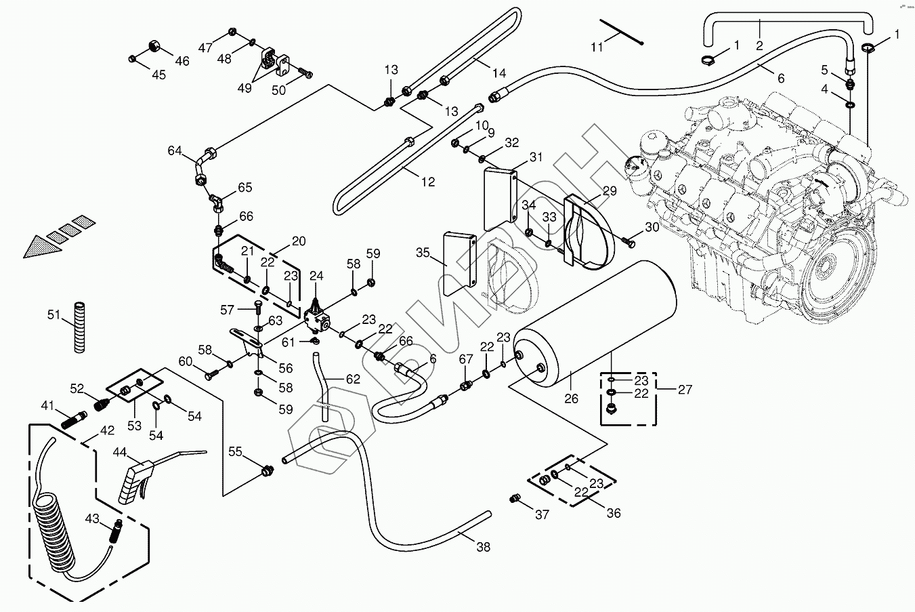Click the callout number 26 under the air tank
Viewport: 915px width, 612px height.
click(571, 399)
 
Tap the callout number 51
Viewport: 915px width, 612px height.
click(54, 314)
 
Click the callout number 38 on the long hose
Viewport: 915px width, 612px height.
click(482, 547)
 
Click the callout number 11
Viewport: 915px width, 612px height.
click(597, 47)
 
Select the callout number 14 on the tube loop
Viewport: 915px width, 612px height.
click(499, 73)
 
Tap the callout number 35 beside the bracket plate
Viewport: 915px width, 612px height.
click(423, 253)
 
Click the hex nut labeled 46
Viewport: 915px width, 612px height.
click(154, 47)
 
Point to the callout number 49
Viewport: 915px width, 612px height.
click(244, 88)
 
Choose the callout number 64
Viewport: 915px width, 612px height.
click(175, 150)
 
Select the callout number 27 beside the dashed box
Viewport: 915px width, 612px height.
click(685, 390)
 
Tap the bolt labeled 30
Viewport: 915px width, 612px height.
click(629, 239)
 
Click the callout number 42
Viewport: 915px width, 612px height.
click(107, 430)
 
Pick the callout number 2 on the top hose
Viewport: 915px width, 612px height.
click(759, 45)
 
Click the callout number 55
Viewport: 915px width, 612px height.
click(234, 451)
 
